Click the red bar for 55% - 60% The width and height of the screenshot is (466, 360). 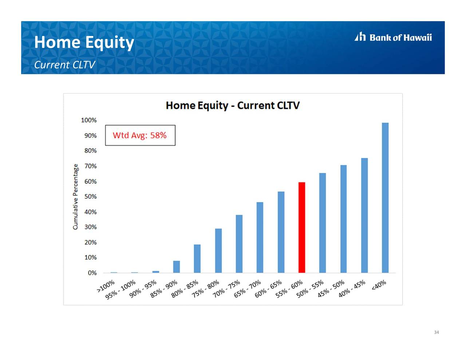click(x=301, y=228)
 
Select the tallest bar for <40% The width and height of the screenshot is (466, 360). click(x=385, y=198)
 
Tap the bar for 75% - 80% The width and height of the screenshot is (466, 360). click(x=218, y=251)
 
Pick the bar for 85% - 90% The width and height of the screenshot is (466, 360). click(x=177, y=267)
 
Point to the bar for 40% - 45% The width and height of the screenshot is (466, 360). click(x=364, y=215)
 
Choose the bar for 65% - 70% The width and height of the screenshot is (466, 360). click(x=260, y=238)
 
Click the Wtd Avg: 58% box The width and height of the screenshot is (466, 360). click(x=140, y=135)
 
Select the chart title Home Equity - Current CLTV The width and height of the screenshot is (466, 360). click(x=233, y=106)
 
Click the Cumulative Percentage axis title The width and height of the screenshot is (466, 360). click(x=75, y=197)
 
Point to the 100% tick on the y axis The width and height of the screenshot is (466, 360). click(x=89, y=120)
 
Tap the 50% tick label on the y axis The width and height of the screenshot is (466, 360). click(x=91, y=197)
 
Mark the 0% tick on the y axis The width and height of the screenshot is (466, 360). click(x=92, y=273)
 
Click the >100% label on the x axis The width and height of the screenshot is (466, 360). click(x=106, y=286)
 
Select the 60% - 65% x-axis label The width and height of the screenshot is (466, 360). click(x=268, y=289)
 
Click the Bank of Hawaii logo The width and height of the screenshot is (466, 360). click(x=393, y=37)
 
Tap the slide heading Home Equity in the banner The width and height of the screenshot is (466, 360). click(x=84, y=42)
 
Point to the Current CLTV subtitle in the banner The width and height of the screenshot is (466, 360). click(x=64, y=65)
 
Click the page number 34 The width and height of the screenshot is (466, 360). click(x=437, y=332)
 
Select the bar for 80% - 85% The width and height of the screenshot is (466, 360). click(x=197, y=258)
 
